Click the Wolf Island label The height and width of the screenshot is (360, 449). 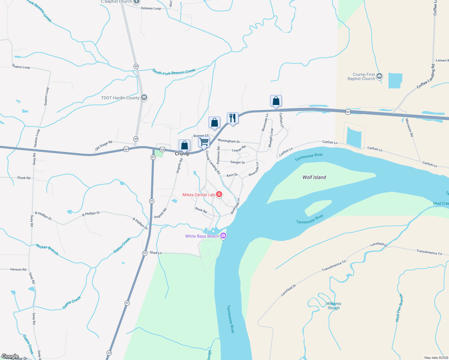pos(314,177)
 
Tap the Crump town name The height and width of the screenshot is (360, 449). pos(182,154)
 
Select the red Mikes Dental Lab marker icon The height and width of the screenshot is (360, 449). pos(219,194)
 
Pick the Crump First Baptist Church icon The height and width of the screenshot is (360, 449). pos(379,76)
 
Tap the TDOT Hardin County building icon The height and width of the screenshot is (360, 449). pos(144,97)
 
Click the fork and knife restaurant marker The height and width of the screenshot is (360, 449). pos(233,118)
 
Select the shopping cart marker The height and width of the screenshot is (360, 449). pos(204,142)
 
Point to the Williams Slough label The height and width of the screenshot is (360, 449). pos(333,306)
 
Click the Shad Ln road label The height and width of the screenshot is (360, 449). pos(155,253)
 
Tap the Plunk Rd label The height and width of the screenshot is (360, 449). pos(24,178)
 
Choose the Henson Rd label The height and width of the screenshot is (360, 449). pos(18,269)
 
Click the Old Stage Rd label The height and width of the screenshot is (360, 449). pos(104,145)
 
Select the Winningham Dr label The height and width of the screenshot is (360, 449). pos(229,141)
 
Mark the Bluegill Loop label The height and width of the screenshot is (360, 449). pos(271,138)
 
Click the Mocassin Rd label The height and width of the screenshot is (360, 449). pos(409,127)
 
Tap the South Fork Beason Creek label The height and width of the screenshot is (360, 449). pos(174,72)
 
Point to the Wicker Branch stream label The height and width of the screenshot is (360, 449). pos(47,249)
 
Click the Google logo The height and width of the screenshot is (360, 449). pos(10,356)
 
